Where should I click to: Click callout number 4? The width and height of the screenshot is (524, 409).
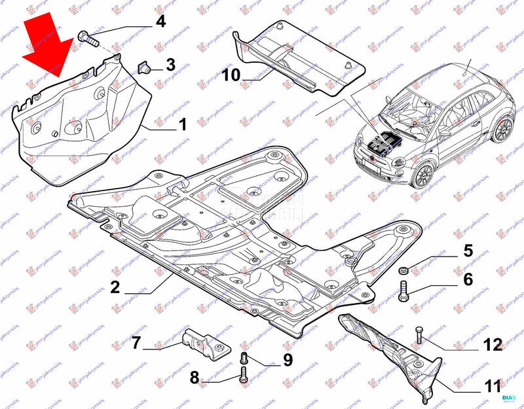[160, 22]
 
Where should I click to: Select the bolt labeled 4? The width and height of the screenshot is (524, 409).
[87, 37]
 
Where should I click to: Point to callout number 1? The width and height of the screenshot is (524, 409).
[182, 124]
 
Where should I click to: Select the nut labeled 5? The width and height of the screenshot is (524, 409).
[403, 271]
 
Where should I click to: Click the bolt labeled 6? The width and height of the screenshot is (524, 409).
[403, 291]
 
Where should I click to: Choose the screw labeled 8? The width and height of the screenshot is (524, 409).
[244, 375]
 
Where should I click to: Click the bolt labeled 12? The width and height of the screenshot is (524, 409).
[420, 336]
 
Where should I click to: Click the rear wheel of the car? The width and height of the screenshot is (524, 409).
[503, 130]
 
